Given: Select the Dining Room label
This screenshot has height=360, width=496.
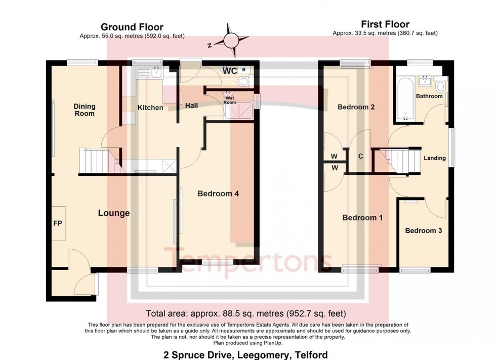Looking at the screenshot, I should [x=85, y=110].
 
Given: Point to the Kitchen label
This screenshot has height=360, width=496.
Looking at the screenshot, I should [x=150, y=108].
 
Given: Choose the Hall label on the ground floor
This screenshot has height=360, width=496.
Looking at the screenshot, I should [x=191, y=105].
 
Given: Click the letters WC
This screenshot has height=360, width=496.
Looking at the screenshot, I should [x=230, y=71].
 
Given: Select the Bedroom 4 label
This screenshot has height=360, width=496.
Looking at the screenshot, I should [x=218, y=193].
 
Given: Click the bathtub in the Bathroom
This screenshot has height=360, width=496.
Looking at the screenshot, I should [x=404, y=100].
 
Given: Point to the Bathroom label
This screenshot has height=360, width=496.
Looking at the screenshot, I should [x=429, y=96].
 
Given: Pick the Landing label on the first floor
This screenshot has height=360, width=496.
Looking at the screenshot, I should [x=435, y=158].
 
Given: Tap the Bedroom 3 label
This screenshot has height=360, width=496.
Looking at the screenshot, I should [x=424, y=231].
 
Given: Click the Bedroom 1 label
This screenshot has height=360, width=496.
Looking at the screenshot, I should [x=362, y=218].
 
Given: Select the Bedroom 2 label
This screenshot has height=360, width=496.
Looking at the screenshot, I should [x=356, y=107].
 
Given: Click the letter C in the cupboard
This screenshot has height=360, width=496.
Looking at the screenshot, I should [x=360, y=156].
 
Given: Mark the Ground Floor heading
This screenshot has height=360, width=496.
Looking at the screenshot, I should [x=132, y=27].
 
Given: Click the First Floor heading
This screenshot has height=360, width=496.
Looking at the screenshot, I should [x=385, y=24].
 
